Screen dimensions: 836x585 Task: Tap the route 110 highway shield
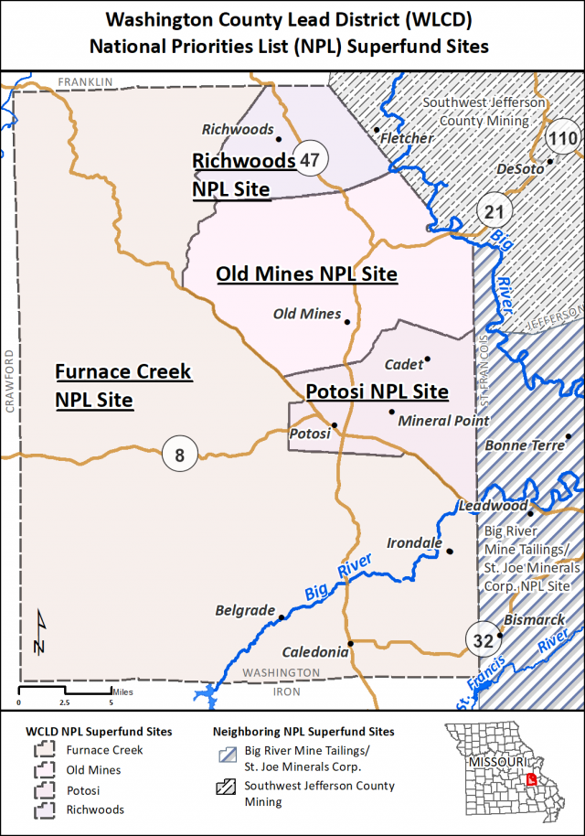(562, 139)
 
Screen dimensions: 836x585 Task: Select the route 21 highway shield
(494, 211)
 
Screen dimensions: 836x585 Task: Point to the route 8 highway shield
(179, 454)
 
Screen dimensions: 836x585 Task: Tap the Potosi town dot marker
(335, 424)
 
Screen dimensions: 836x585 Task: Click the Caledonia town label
(314, 652)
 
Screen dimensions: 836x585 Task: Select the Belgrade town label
(244, 610)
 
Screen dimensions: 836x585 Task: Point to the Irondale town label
(414, 543)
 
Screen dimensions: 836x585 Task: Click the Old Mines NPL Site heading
(306, 273)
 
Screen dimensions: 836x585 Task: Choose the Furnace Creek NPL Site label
(123, 385)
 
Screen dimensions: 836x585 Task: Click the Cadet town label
(402, 364)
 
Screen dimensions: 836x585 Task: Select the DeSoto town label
(518, 170)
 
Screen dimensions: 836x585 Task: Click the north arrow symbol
(38, 633)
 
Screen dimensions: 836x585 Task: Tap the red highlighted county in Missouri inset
(532, 780)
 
